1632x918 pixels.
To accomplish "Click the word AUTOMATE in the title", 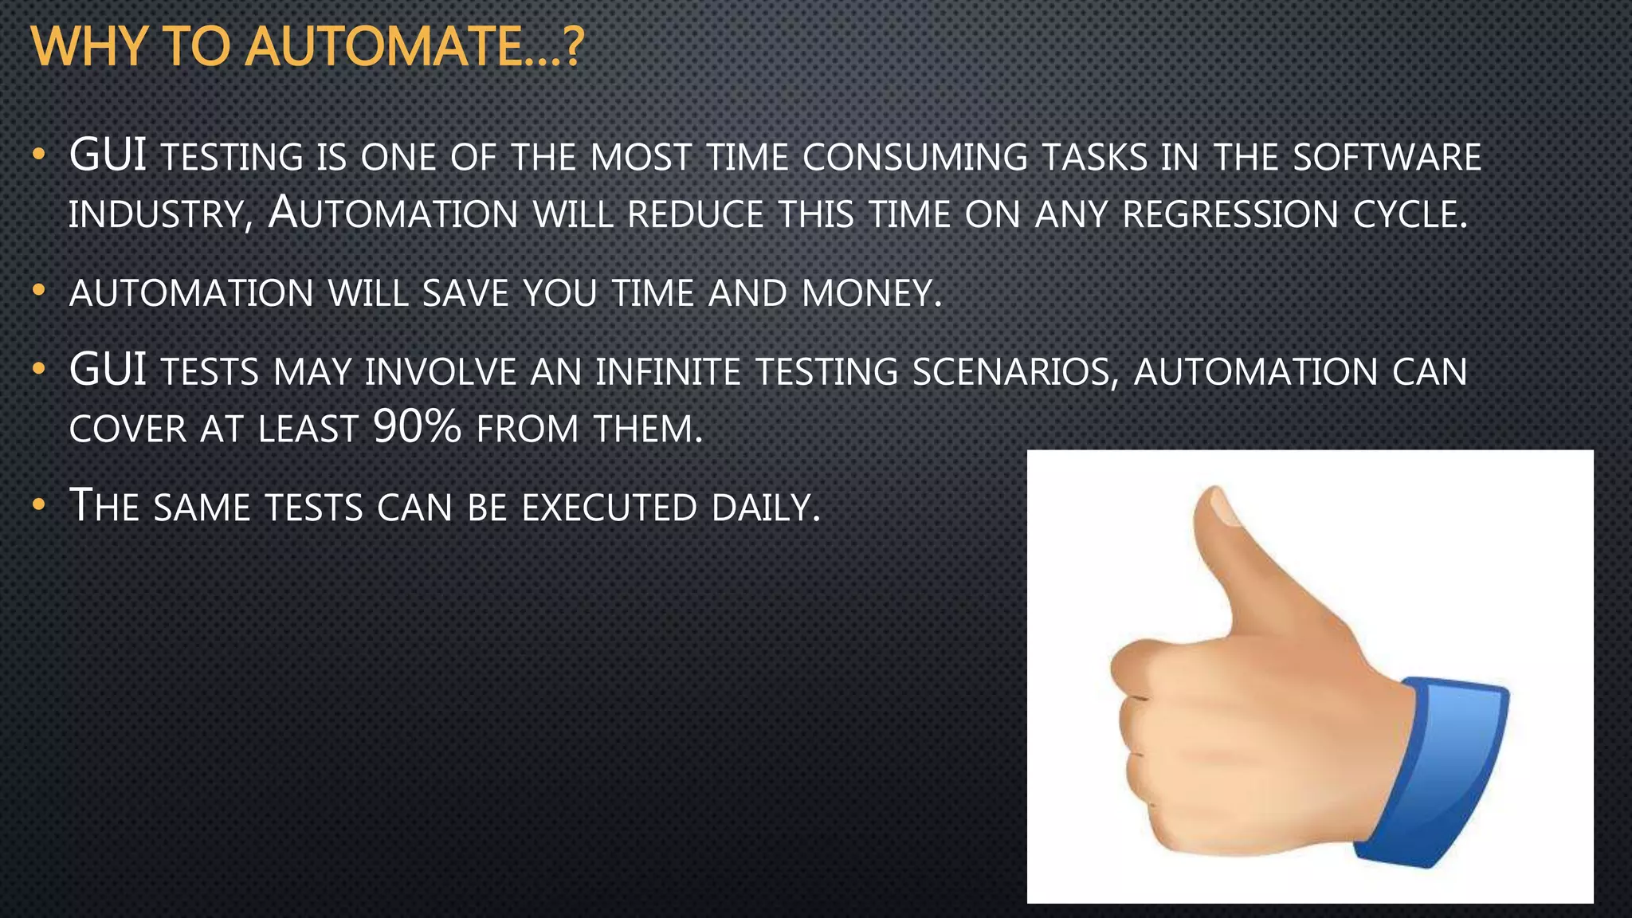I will point(383,47).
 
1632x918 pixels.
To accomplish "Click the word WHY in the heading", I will point(88,47).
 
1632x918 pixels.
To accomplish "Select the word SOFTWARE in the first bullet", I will point(1386,157).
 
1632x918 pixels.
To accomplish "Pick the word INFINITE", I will point(668,372).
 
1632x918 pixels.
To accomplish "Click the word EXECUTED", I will point(610,508).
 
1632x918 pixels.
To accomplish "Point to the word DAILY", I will point(764,508).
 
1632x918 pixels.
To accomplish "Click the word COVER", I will point(127,430).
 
